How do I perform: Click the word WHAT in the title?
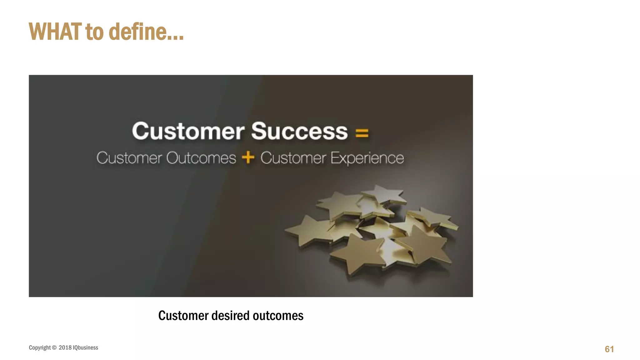[55, 32]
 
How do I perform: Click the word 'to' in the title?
[94, 32]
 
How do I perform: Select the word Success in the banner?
[299, 131]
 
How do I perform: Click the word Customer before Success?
[188, 131]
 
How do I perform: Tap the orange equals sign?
[362, 133]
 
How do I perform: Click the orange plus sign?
[248, 157]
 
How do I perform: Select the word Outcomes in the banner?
[201, 158]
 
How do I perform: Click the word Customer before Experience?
[293, 158]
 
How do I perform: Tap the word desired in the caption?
[230, 316]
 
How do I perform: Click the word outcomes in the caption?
[278, 316]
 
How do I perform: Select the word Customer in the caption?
[183, 316]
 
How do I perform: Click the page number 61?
[609, 349]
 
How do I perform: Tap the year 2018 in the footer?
[65, 347]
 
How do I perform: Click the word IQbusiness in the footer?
[85, 347]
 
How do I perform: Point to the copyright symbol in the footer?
[54, 347]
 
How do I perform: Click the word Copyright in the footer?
[40, 347]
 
